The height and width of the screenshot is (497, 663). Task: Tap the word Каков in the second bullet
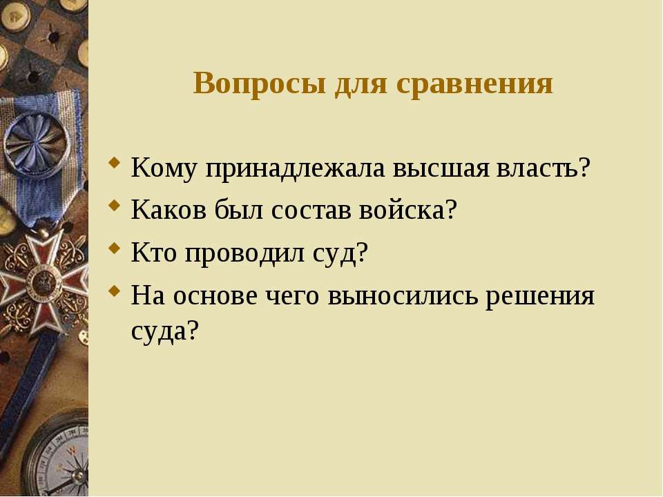coord(169,209)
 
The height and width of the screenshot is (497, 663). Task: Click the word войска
coord(408,209)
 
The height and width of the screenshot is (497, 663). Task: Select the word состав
coord(311,210)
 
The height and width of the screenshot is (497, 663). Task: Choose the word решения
coord(540,297)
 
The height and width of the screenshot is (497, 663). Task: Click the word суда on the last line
coord(164,331)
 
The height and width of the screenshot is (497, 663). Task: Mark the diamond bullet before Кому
coord(114,163)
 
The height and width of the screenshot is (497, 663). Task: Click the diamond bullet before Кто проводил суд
coord(114,248)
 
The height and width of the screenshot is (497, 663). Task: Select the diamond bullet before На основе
coord(114,291)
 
